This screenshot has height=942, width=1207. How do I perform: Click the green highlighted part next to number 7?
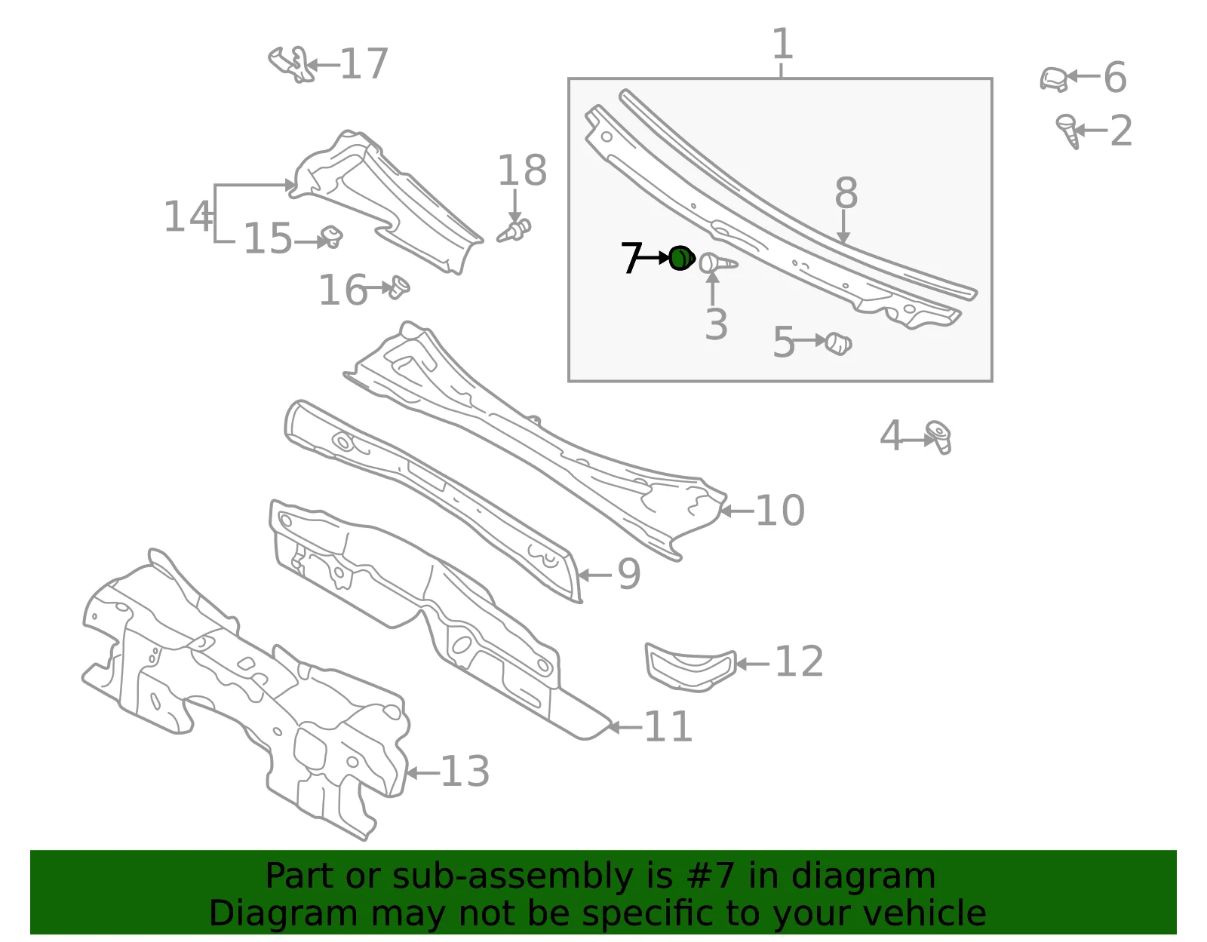point(681,258)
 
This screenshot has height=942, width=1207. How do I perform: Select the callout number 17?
point(364,64)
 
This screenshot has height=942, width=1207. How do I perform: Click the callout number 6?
point(1115,77)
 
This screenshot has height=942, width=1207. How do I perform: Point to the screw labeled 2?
point(1067,130)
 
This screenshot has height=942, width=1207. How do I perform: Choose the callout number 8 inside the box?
point(846,192)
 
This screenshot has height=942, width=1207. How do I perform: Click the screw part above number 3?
point(717,263)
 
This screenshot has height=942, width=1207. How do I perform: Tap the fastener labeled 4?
point(938,437)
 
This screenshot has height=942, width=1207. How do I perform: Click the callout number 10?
point(780,510)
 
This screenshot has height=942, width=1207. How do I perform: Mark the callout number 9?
point(629,574)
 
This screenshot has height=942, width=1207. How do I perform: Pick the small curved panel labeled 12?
point(690,667)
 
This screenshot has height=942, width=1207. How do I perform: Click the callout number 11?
point(668,726)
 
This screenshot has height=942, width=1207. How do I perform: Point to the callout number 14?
point(188,216)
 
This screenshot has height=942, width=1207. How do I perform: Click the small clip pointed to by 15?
point(332,237)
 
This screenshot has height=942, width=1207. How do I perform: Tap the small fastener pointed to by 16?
point(399,287)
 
